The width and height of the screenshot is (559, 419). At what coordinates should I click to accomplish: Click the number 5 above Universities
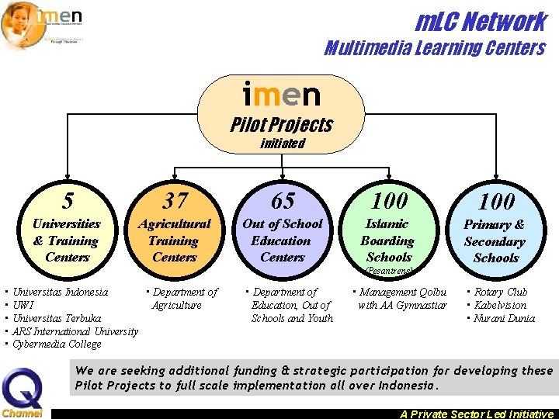click(68, 202)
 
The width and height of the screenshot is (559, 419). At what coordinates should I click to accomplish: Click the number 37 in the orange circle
click(175, 202)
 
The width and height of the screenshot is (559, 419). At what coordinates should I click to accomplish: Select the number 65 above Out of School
click(282, 202)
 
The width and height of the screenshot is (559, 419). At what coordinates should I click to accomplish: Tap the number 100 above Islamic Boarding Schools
click(389, 201)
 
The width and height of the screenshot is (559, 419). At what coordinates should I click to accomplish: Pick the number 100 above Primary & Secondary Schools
click(495, 202)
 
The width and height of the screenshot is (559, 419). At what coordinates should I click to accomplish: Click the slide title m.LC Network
click(481, 21)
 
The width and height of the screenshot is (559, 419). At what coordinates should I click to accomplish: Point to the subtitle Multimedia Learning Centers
click(434, 48)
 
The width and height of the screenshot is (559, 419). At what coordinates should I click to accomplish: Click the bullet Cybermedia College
click(57, 345)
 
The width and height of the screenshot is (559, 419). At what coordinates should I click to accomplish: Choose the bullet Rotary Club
click(501, 293)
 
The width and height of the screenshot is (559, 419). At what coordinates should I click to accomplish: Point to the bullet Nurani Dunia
click(504, 318)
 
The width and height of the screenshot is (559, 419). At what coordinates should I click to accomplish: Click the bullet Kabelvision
click(500, 305)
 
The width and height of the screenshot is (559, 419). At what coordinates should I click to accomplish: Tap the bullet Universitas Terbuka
click(57, 318)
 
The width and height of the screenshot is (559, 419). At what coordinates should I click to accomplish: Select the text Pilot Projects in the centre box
click(281, 125)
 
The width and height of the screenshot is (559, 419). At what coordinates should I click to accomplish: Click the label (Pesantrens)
click(389, 271)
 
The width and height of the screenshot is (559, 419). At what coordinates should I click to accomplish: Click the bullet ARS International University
click(75, 331)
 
